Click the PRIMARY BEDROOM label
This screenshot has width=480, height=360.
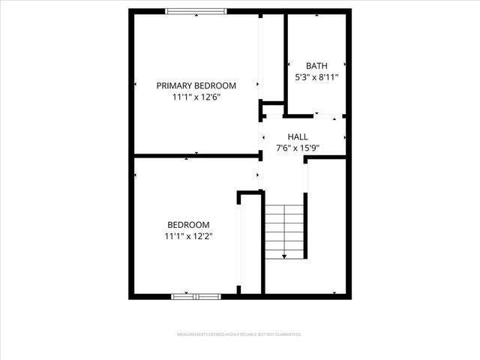click(x=196, y=85)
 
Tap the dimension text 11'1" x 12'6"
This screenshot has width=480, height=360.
click(x=196, y=97)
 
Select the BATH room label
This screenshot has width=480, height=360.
click(x=316, y=66)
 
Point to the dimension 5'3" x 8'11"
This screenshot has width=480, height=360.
click(x=316, y=77)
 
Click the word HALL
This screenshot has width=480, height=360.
click(x=298, y=136)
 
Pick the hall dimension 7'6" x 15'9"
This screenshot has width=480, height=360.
click(x=298, y=148)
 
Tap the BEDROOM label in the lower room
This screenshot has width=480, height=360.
click(x=188, y=224)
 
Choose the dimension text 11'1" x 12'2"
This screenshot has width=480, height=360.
click(x=188, y=236)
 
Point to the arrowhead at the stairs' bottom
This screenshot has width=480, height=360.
click(x=285, y=256)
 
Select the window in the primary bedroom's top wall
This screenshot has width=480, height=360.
click(x=196, y=11)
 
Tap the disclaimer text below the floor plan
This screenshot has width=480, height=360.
click(x=239, y=334)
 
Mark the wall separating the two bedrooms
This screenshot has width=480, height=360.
click(x=195, y=156)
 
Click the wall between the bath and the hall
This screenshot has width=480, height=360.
click(x=300, y=115)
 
